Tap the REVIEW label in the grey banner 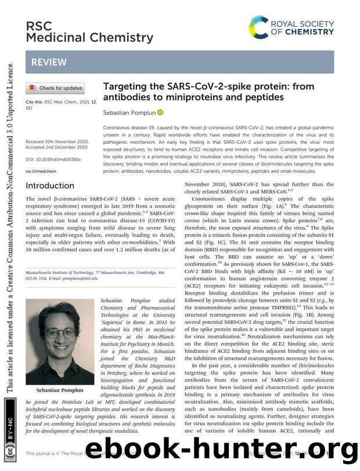coord(49,61)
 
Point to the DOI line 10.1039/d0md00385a coord(53,159)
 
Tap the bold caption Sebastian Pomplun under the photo coord(57,390)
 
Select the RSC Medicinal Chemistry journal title coord(89,32)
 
